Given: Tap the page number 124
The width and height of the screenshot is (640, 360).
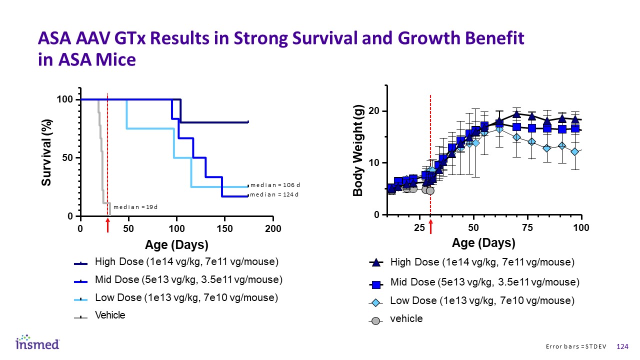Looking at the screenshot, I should point(623,347).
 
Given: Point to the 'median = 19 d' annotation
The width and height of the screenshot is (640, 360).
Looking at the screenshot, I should point(135,206).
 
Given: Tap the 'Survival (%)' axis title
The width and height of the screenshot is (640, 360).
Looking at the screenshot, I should point(46,152).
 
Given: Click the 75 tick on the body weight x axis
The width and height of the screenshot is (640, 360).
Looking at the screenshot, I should point(528,228).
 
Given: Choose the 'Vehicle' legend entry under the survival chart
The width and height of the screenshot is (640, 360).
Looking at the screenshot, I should point(110,315).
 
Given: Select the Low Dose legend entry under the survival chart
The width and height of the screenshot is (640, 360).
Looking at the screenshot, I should point(186,298).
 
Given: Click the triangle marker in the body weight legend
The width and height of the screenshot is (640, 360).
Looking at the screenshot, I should point(376,262).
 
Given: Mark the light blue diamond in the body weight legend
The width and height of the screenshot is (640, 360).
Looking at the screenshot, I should point(376,302).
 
